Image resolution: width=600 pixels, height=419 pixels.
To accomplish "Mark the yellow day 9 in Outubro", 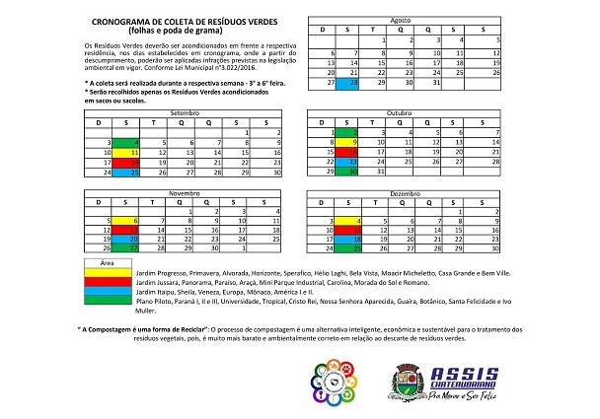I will click(352, 142).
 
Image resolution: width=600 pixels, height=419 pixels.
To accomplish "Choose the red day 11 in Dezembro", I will click(352, 229).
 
